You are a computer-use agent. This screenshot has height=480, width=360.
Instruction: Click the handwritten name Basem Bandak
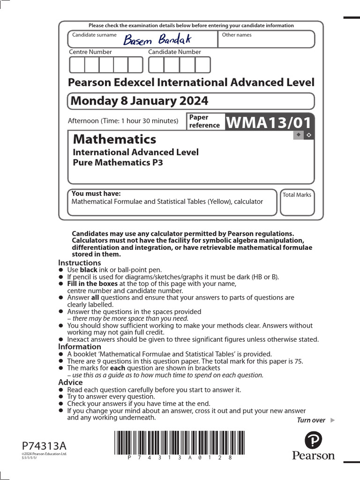(157, 39)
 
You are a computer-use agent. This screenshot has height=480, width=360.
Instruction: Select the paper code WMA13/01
(269, 122)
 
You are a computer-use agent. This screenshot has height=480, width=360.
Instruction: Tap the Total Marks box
(297, 202)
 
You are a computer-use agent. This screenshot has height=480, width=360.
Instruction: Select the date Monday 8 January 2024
(139, 101)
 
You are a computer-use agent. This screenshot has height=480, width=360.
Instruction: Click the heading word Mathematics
(115, 139)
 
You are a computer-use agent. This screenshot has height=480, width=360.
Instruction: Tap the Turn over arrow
(333, 420)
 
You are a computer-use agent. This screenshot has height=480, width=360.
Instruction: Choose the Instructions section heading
(79, 263)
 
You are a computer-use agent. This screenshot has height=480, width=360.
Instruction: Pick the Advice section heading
(70, 382)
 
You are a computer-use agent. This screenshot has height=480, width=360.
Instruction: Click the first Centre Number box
(77, 65)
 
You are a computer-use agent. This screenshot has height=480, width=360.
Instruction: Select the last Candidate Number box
(202, 65)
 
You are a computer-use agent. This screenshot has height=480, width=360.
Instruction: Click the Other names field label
(236, 35)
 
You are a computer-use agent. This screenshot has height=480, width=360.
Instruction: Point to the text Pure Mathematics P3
(118, 163)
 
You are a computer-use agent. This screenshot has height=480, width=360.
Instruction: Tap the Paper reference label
(204, 121)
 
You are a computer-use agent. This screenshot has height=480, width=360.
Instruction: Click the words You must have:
(96, 194)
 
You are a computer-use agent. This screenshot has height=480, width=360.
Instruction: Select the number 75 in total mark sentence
(298, 361)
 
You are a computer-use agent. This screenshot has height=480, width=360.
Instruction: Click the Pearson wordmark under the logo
(313, 455)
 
